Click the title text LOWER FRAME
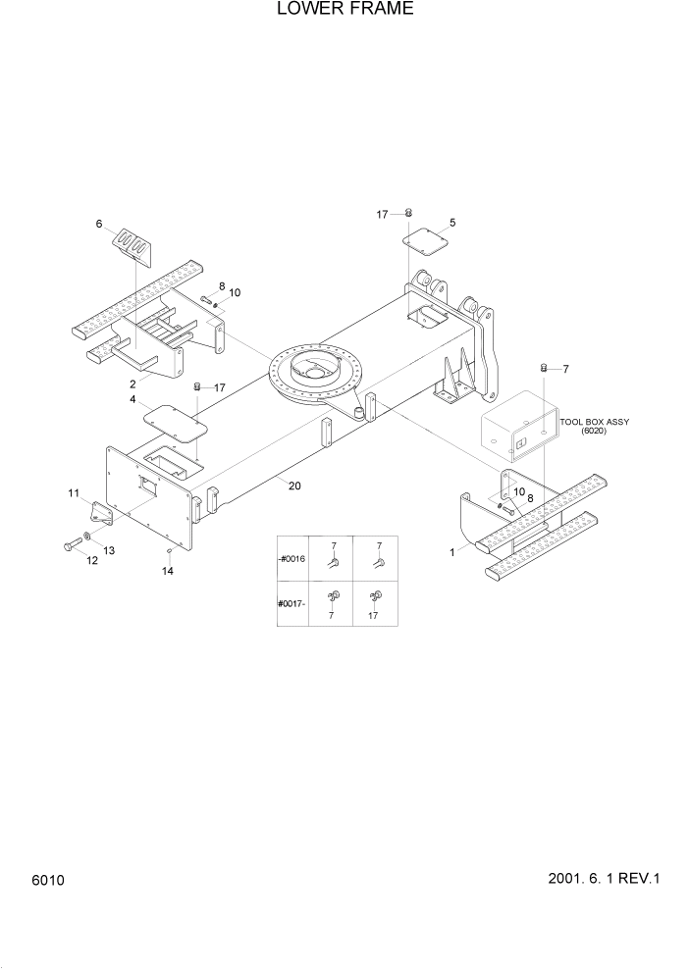(x=344, y=10)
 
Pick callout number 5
(x=451, y=223)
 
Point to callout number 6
(x=99, y=225)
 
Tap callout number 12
(x=92, y=561)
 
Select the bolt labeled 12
(x=70, y=542)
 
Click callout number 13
(x=110, y=551)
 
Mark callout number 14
(x=168, y=570)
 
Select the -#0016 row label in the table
(x=292, y=558)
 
